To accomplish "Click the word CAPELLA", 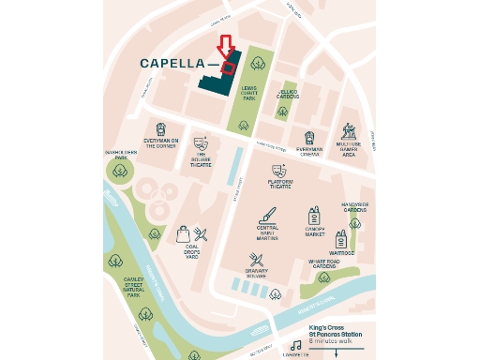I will click(173, 64).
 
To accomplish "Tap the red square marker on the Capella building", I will click(228, 67).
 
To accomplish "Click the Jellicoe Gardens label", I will click(287, 95).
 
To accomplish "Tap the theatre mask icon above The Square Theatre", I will click(200, 143).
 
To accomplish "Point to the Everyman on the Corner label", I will click(161, 141).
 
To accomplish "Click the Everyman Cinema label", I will click(309, 151).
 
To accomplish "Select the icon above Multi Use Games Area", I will click(349, 131).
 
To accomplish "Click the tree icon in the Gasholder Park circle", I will click(120, 170).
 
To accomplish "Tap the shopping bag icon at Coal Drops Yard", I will click(183, 234).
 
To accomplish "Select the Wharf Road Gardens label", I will click(325, 264).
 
